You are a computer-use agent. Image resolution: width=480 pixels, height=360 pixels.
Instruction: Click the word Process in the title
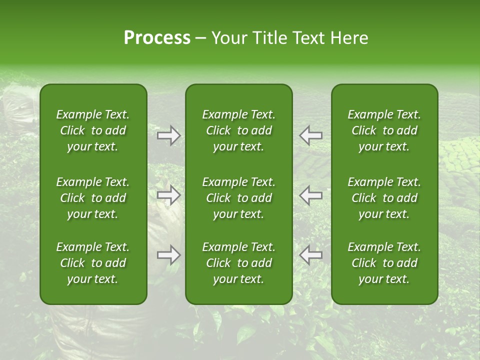pyautogui.click(x=157, y=38)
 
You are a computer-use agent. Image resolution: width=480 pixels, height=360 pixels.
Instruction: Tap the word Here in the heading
pyautogui.click(x=348, y=38)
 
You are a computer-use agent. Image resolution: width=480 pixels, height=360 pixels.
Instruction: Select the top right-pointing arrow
pyautogui.click(x=168, y=135)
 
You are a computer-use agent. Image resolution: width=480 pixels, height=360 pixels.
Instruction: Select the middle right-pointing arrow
pyautogui.click(x=168, y=195)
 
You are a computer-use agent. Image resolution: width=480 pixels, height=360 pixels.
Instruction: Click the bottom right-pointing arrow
pyautogui.click(x=168, y=255)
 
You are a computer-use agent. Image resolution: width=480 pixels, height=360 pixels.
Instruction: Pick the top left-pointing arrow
pyautogui.click(x=310, y=135)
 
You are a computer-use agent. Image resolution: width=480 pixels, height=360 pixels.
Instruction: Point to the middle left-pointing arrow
pyautogui.click(x=310, y=195)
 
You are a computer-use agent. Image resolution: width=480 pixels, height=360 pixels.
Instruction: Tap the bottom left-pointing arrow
pyautogui.click(x=310, y=255)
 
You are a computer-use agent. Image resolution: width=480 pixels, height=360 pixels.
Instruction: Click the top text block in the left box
pyautogui.click(x=93, y=130)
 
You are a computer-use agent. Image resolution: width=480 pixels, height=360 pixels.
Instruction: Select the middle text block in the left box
pyautogui.click(x=93, y=198)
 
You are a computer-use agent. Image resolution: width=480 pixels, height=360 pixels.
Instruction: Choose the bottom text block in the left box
pyautogui.click(x=93, y=263)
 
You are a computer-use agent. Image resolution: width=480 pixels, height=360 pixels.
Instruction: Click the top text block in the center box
pyautogui.click(x=239, y=130)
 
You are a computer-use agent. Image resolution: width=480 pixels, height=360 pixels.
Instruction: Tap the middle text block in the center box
pyautogui.click(x=239, y=198)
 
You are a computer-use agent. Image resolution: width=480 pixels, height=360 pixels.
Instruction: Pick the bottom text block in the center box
pyautogui.click(x=239, y=263)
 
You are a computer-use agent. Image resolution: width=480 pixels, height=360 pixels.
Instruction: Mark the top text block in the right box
pyautogui.click(x=384, y=130)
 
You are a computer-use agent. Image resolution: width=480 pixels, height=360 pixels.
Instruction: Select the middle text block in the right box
pyautogui.click(x=384, y=198)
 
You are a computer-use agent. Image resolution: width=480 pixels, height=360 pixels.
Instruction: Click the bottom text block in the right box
pyautogui.click(x=384, y=263)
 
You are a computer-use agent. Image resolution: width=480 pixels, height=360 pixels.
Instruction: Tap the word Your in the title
pyautogui.click(x=228, y=38)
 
